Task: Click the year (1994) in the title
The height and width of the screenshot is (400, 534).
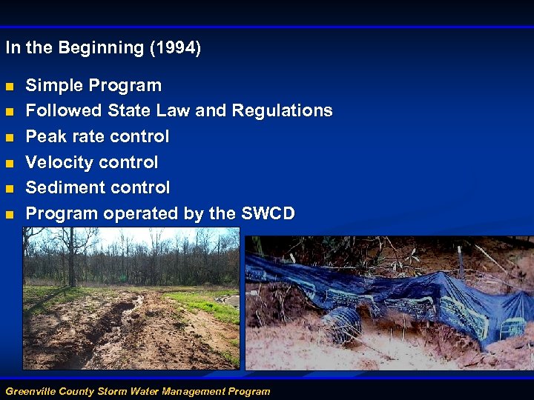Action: [174, 48]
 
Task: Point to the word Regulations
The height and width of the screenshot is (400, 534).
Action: [282, 111]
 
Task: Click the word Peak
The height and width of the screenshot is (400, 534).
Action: [45, 136]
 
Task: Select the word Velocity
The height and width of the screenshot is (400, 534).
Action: [58, 162]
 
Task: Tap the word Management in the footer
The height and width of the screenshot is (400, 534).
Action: [187, 391]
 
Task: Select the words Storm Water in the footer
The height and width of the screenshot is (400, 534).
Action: [124, 391]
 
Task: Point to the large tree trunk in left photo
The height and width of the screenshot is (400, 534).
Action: [71, 259]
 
